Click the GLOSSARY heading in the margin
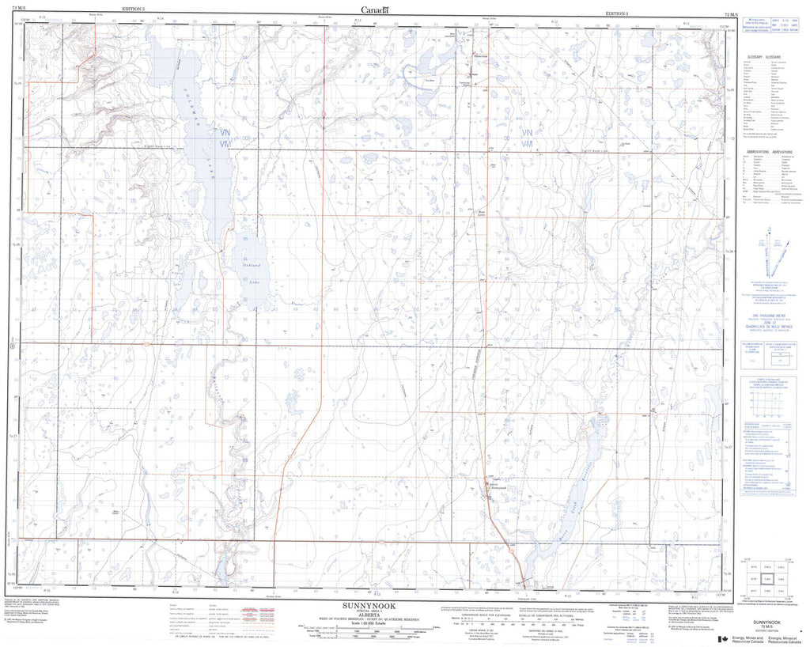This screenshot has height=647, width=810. point(764,59)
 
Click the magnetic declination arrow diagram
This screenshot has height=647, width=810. point(771,253)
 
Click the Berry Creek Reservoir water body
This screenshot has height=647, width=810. point(581,475)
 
